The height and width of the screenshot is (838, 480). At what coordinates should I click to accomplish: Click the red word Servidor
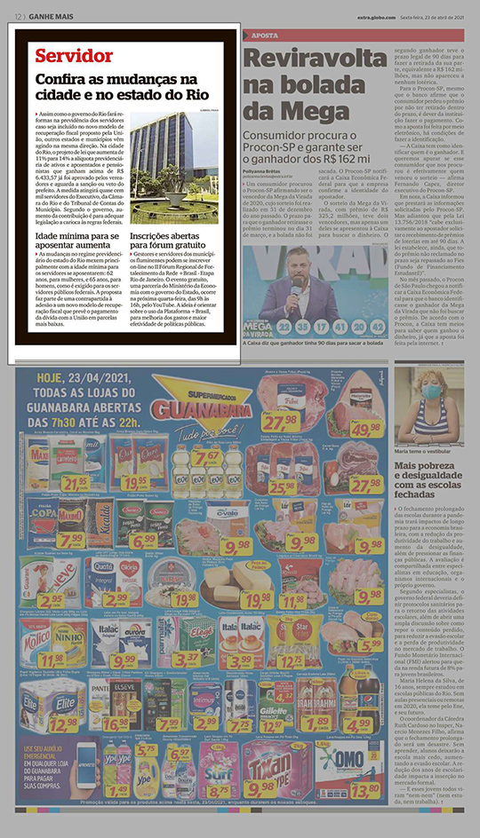coord(74,56)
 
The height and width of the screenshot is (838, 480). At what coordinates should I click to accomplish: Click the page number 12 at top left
coord(19,16)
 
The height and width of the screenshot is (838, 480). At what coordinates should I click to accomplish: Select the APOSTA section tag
coord(265,36)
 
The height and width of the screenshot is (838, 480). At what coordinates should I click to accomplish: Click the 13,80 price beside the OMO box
coord(364,788)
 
